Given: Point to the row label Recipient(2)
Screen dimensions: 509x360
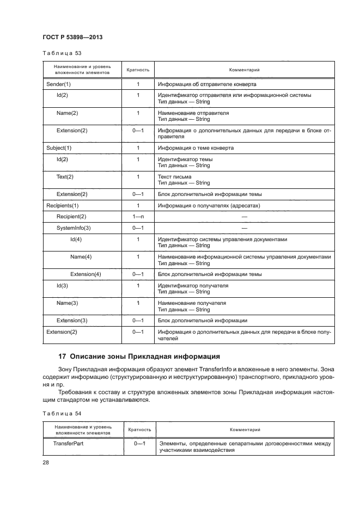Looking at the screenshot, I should click(71, 217).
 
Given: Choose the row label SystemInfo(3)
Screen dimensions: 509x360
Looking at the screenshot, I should click(74, 228).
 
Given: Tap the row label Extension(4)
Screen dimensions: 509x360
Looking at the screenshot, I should click(86, 274).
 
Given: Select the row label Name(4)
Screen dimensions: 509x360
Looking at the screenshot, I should click(81, 256).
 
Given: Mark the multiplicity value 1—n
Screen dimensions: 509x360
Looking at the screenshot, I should click(138, 217).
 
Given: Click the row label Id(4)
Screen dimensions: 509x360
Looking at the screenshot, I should click(76, 239).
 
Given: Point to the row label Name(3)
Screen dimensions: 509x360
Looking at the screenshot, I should click(68, 303).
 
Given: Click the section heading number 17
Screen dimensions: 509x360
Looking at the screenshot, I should click(62, 357).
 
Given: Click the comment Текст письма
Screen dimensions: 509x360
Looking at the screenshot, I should click(174, 176).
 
